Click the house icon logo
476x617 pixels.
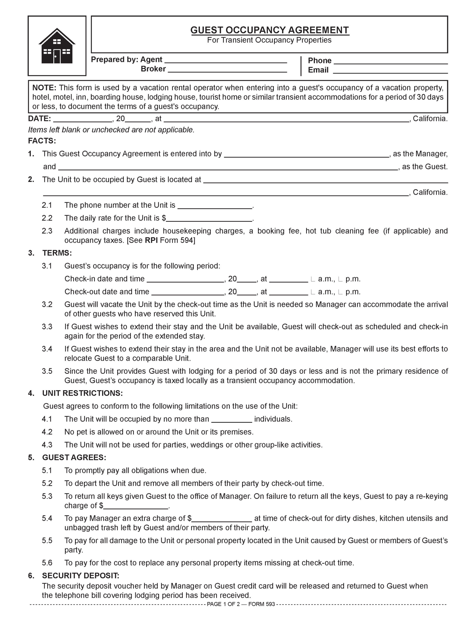click(57, 46)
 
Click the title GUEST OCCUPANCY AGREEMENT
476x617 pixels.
click(270, 30)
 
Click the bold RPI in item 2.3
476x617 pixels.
click(151, 241)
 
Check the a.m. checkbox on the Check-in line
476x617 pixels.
click(313, 279)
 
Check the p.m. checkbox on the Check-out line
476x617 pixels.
click(340, 292)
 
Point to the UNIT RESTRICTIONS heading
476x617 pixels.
click(82, 393)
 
